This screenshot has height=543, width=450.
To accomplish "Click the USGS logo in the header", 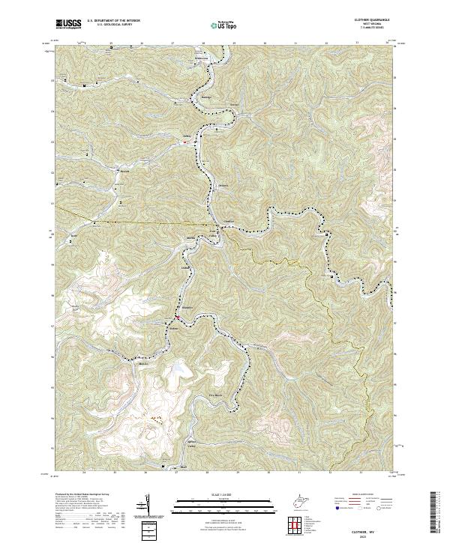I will [x=68, y=24].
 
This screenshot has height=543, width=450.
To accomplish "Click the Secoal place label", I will [x=233, y=103].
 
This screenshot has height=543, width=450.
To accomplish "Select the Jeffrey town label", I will [x=188, y=137].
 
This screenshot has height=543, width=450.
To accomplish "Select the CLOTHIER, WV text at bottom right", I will [x=379, y=528].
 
